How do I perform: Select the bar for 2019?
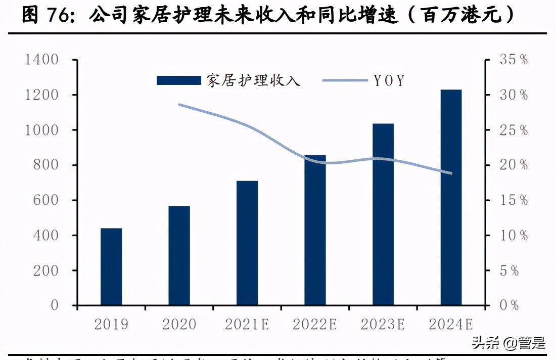coord(111,267)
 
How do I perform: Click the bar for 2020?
coord(179,256)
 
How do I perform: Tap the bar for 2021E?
coord(247,243)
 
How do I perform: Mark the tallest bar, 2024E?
coord(451,197)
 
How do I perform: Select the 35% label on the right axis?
coord(514,60)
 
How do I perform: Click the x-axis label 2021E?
coord(247,324)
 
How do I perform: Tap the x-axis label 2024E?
coord(451,324)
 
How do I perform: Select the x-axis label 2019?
coord(111,324)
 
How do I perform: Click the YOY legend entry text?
coord(389,80)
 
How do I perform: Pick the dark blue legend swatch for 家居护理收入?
coord(178,80)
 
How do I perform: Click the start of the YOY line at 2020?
coord(179,105)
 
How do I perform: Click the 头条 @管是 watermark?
coord(508,343)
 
